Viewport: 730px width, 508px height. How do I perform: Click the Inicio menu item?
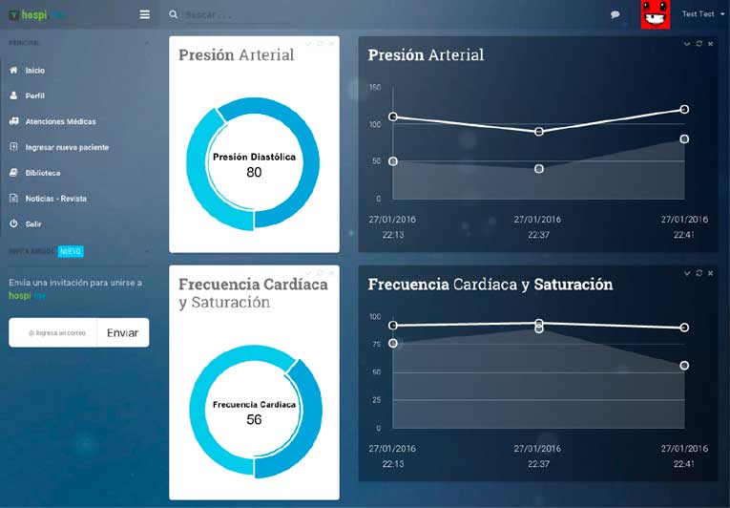pos(34,71)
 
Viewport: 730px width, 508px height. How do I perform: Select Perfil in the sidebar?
pos(34,96)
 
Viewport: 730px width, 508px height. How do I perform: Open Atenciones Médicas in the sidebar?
pos(60,122)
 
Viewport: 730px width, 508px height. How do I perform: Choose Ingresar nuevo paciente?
pos(67,148)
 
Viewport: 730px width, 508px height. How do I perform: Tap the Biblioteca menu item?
pos(43,173)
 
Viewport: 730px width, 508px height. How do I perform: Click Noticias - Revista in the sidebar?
pos(56,199)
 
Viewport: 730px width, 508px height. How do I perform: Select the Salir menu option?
pos(33,223)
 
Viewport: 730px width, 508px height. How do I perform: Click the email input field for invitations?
pos(55,333)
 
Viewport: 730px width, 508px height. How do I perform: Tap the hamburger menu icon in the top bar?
pos(144,14)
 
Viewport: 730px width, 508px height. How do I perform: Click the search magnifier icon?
pos(173,14)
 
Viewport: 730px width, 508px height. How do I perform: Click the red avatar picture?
pos(655,14)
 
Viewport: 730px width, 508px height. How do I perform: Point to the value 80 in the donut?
pos(254,173)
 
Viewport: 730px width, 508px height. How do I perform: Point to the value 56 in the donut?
pos(254,420)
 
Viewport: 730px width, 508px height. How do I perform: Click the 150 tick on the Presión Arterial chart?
pos(375,88)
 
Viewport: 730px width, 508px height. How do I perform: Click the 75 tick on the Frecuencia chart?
pos(375,345)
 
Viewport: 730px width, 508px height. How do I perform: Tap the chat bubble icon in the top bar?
pos(615,14)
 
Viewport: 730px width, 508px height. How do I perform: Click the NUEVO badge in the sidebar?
pos(71,251)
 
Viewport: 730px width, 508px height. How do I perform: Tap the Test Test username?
pos(698,14)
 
